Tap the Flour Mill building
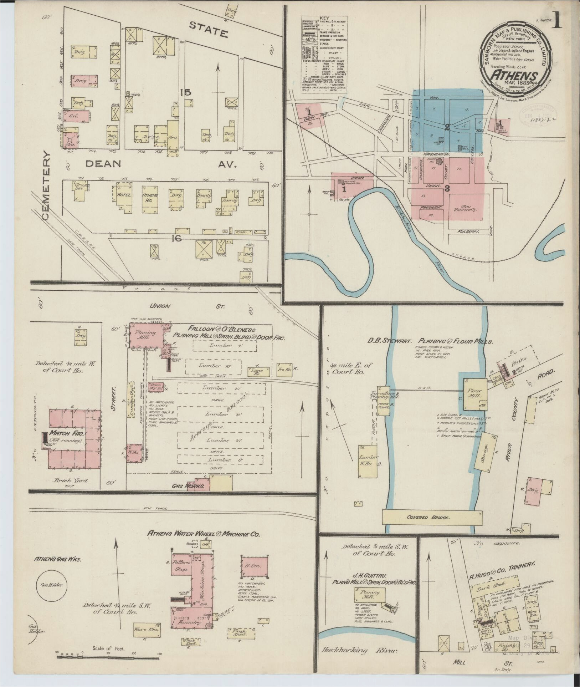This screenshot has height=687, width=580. (474, 393)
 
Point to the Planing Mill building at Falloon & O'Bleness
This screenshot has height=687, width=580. (146, 335)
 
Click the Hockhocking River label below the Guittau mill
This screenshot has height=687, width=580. (359, 650)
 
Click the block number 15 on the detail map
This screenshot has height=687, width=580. (185, 93)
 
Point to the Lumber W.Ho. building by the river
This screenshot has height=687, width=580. (368, 460)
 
